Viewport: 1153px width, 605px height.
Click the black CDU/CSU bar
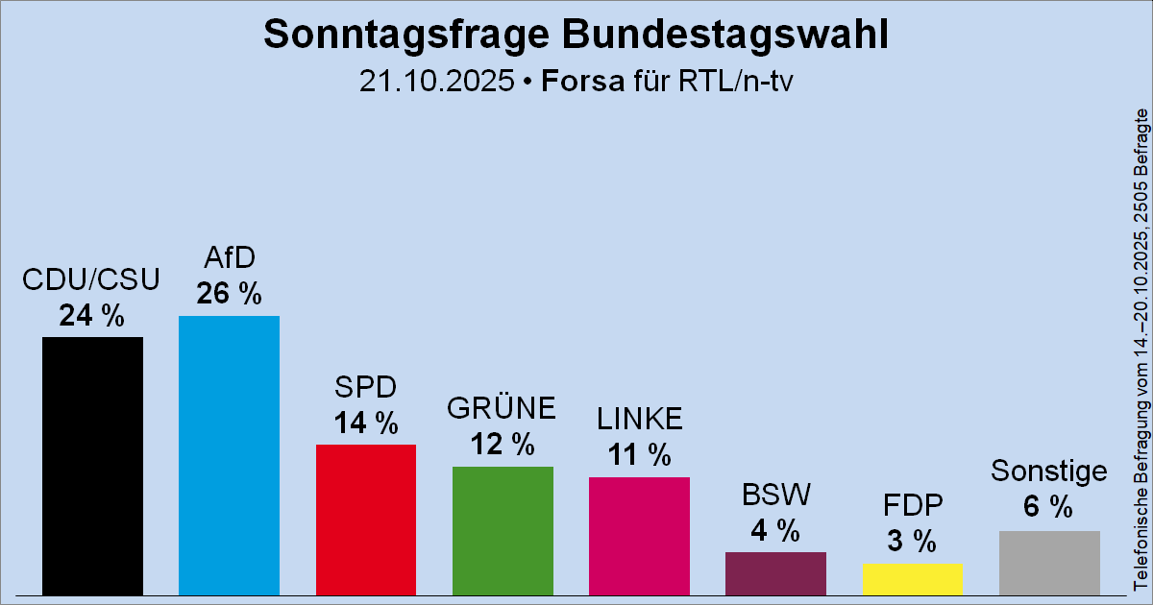pyautogui.click(x=92, y=466)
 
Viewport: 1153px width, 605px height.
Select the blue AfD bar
pyautogui.click(x=229, y=455)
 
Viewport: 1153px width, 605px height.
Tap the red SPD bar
pyautogui.click(x=366, y=520)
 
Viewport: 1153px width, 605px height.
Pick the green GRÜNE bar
pyautogui.click(x=503, y=530)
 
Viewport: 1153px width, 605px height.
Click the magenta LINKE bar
pyautogui.click(x=639, y=536)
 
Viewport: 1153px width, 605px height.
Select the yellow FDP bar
pyautogui.click(x=912, y=579)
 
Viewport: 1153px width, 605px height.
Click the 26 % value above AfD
pyautogui.click(x=229, y=294)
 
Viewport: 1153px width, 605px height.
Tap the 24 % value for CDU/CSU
pyautogui.click(x=92, y=315)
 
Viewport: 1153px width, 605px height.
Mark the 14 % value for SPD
pyautogui.click(x=366, y=423)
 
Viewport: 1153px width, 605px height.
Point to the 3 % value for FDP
pyautogui.click(x=912, y=542)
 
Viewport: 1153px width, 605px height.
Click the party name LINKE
pyautogui.click(x=639, y=419)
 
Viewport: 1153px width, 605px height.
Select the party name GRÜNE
pyautogui.click(x=503, y=409)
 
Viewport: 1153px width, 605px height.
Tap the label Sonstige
pyautogui.click(x=1049, y=472)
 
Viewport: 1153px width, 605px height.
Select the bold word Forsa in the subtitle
pyautogui.click(x=582, y=82)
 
